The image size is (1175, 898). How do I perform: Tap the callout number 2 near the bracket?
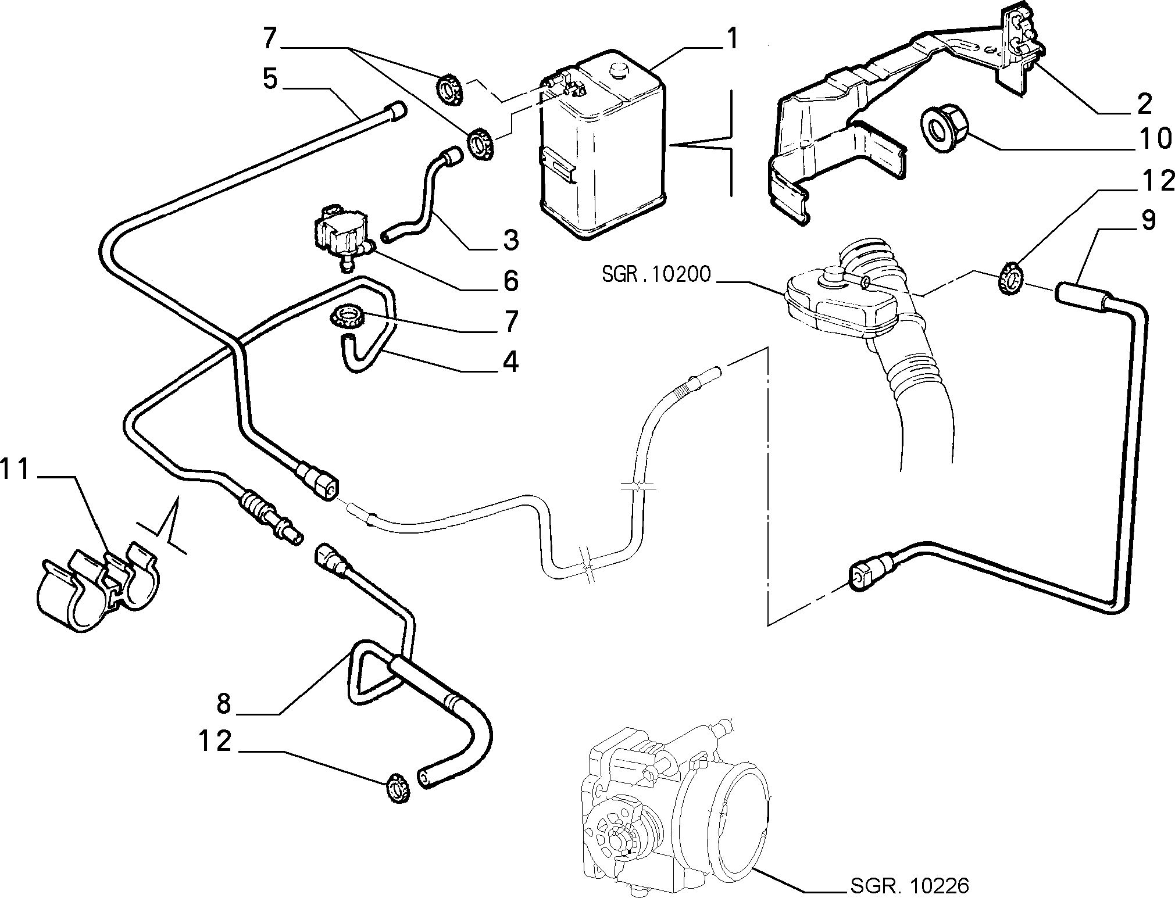[1144, 103]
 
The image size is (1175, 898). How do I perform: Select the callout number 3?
[511, 239]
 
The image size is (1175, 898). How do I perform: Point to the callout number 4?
[510, 362]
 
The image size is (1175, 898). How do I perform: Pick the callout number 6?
[510, 281]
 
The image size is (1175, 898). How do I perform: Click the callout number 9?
[1148, 221]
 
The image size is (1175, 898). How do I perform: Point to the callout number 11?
[15, 470]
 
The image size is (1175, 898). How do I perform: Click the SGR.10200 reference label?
[656, 274]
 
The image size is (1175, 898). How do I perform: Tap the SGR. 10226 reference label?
[910, 885]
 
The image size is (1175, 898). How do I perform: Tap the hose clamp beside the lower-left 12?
[397, 788]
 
